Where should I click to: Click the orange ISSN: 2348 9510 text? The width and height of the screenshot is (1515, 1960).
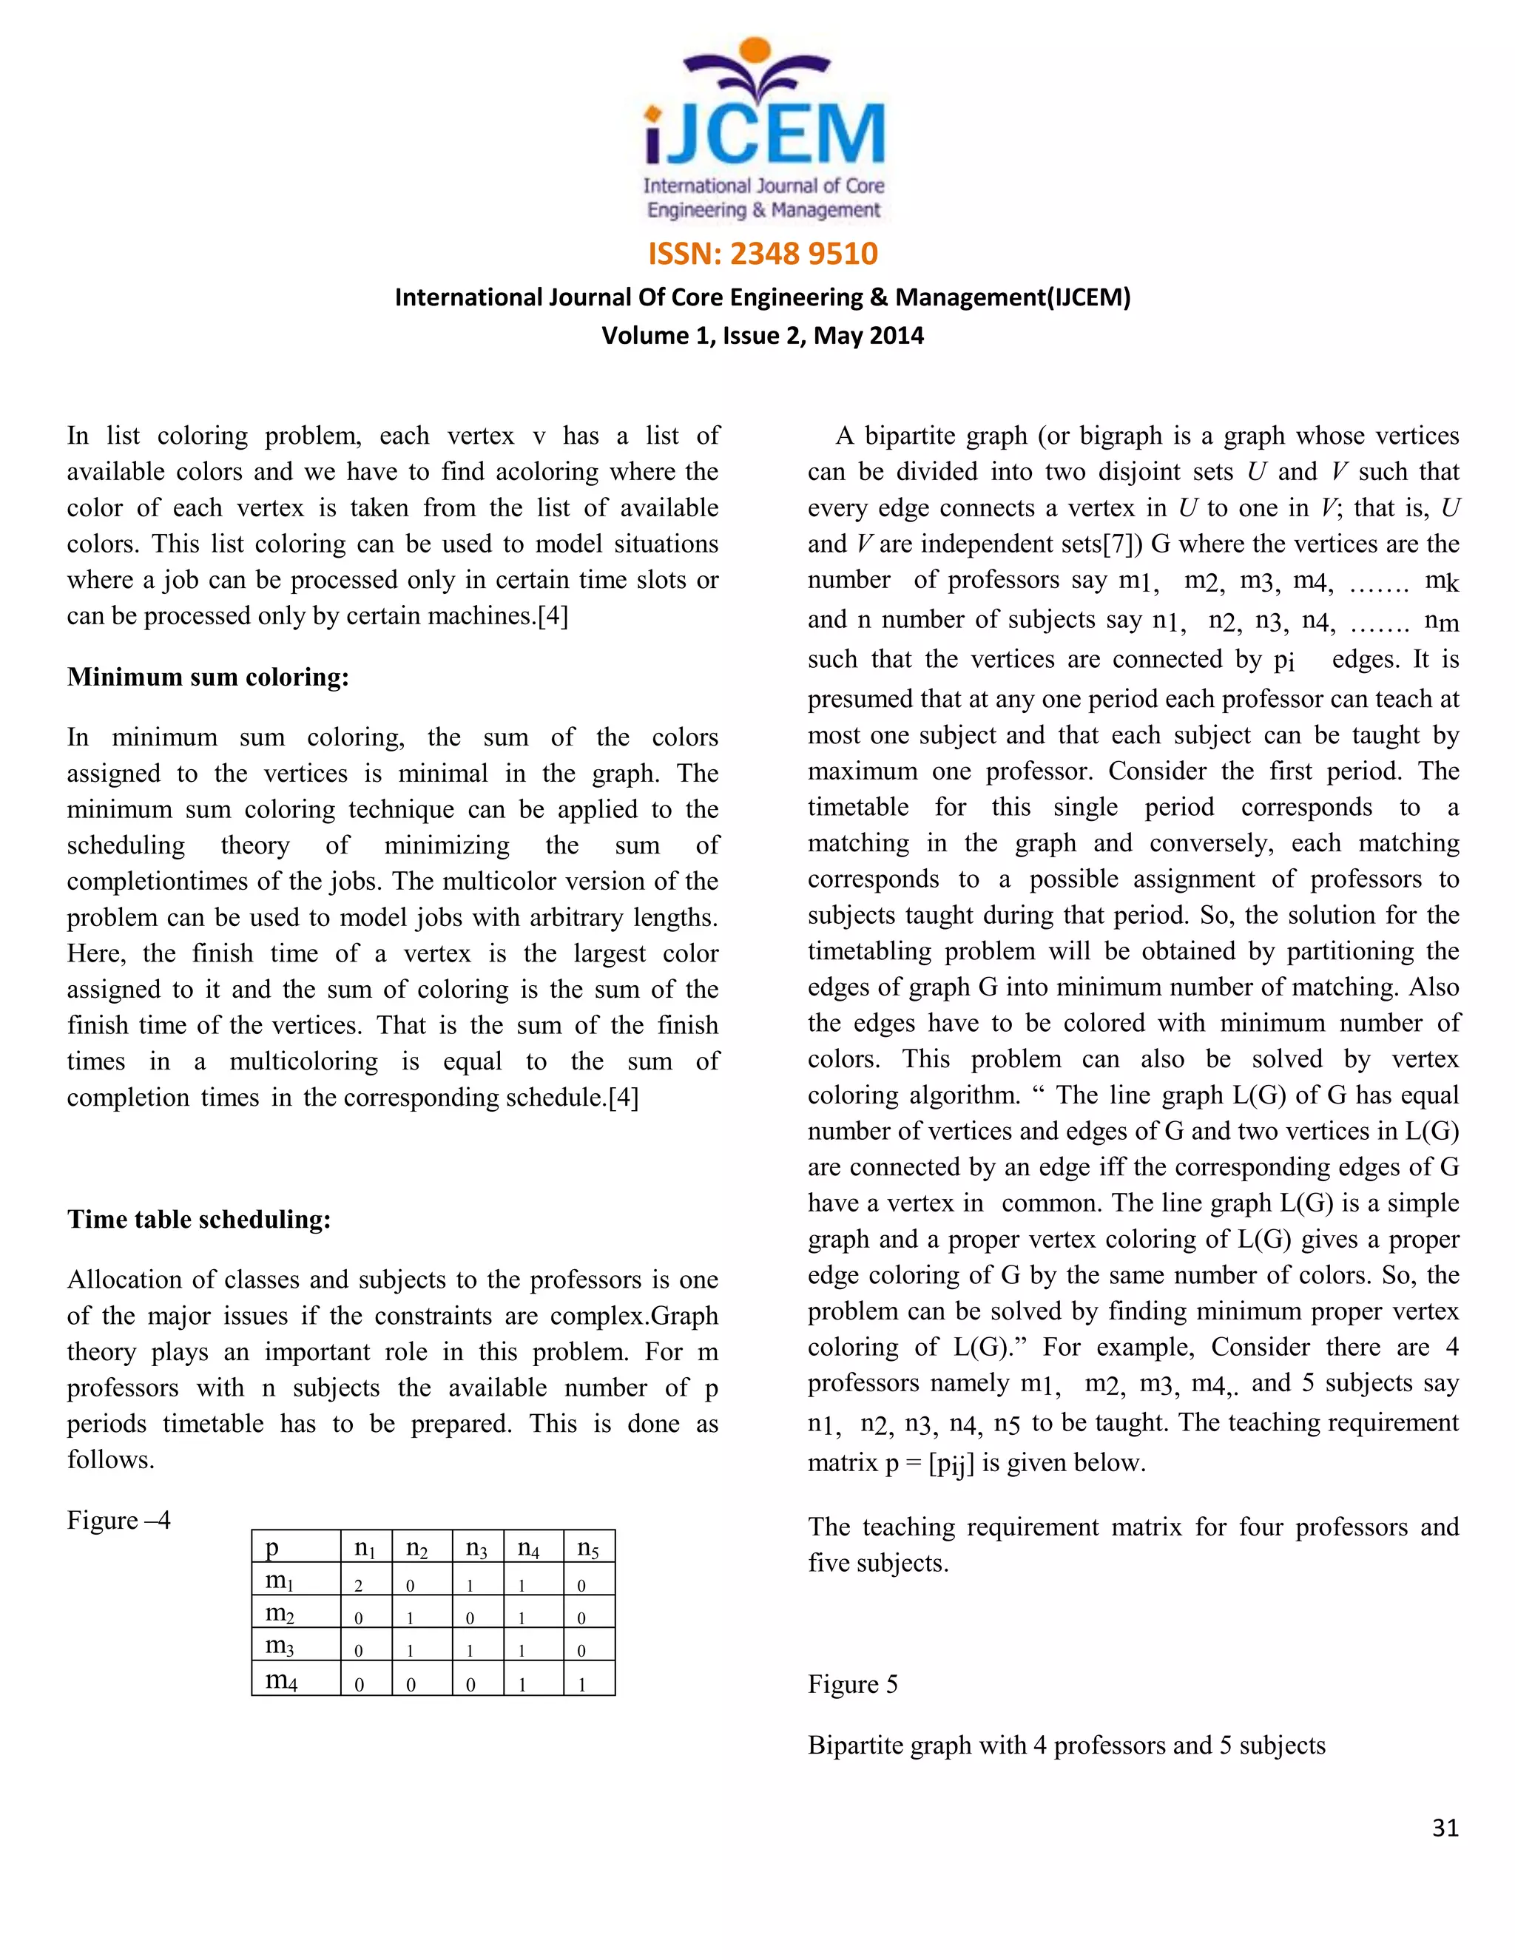pyautogui.click(x=762, y=254)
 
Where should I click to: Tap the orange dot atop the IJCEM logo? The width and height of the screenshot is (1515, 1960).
pyautogui.click(x=756, y=50)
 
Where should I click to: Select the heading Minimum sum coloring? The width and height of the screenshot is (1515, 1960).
pyautogui.click(x=207, y=677)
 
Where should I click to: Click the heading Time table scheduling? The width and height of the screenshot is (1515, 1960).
pyautogui.click(x=198, y=1220)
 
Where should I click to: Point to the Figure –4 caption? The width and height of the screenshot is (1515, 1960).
pyautogui.click(x=118, y=1520)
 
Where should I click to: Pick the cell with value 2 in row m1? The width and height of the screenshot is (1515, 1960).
pyautogui.click(x=358, y=1586)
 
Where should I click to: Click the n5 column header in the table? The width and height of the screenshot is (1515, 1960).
pyautogui.click(x=588, y=1548)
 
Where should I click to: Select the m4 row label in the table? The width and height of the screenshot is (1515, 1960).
pyautogui.click(x=281, y=1680)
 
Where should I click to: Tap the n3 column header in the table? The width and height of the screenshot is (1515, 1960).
pyautogui.click(x=476, y=1548)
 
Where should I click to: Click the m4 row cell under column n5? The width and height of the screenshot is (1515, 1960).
pyautogui.click(x=582, y=1684)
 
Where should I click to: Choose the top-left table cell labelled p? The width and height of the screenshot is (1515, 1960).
pyautogui.click(x=273, y=1547)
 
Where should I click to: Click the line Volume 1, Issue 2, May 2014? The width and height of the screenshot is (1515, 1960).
pyautogui.click(x=762, y=336)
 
